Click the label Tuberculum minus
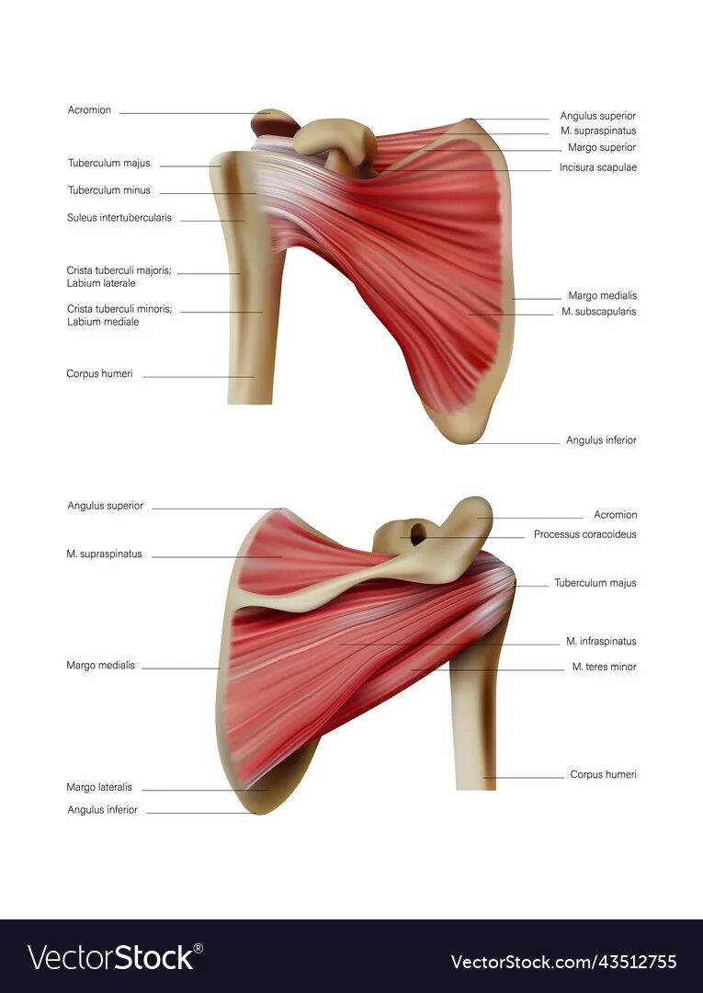pyautogui.click(x=108, y=190)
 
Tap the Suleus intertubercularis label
pyautogui.click(x=119, y=218)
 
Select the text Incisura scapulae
pyautogui.click(x=598, y=167)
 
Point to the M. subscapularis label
pyautogui.click(x=599, y=312)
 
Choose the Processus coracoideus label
pyautogui.click(x=585, y=534)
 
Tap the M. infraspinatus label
pyautogui.click(x=601, y=641)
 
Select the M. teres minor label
pyautogui.click(x=604, y=667)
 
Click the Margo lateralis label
pyautogui.click(x=99, y=787)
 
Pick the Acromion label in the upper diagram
pyautogui.click(x=89, y=110)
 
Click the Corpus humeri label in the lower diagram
pyautogui.click(x=603, y=774)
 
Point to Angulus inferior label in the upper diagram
pyautogui.click(x=601, y=440)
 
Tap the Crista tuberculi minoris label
pyautogui.click(x=119, y=309)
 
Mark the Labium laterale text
pyautogui.click(x=101, y=283)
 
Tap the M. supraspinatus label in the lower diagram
pyautogui.click(x=104, y=554)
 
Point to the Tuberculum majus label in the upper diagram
pyautogui.click(x=108, y=163)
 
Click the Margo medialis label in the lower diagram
pyautogui.click(x=100, y=665)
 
